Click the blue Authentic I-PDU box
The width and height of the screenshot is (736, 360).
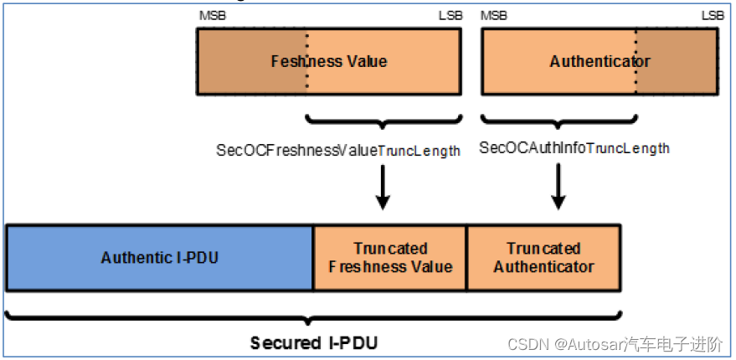coord(159,257)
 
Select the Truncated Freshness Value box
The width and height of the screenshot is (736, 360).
coord(389,257)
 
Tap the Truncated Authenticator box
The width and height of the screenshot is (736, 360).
coord(543,257)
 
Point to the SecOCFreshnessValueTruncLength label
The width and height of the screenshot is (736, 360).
coord(338,151)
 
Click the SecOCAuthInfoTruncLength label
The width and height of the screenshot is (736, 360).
coord(574,148)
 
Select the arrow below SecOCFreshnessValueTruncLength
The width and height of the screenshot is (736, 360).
coord(383,188)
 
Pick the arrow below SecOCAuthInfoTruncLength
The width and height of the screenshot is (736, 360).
coord(558,188)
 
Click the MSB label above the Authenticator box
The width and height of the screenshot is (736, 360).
coord(493,15)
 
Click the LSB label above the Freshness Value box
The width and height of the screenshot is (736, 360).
coord(448,15)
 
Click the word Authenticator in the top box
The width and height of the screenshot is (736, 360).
coord(600,61)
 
